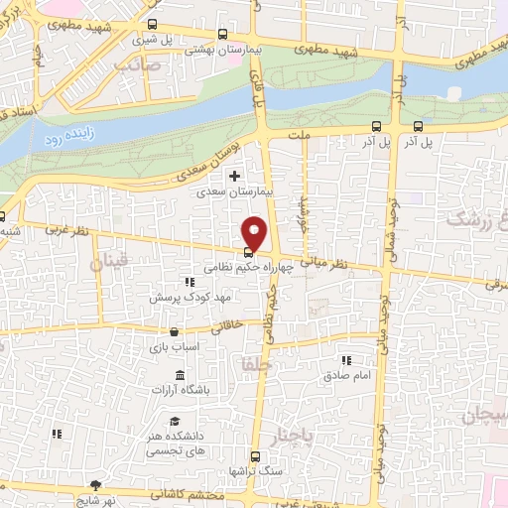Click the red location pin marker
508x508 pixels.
tap(255, 231)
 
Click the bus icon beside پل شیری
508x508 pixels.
tap(152, 27)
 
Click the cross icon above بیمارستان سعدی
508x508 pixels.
tap(234, 177)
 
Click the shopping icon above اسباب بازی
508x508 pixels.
tap(175, 332)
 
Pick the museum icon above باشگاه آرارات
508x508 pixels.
tap(179, 375)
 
